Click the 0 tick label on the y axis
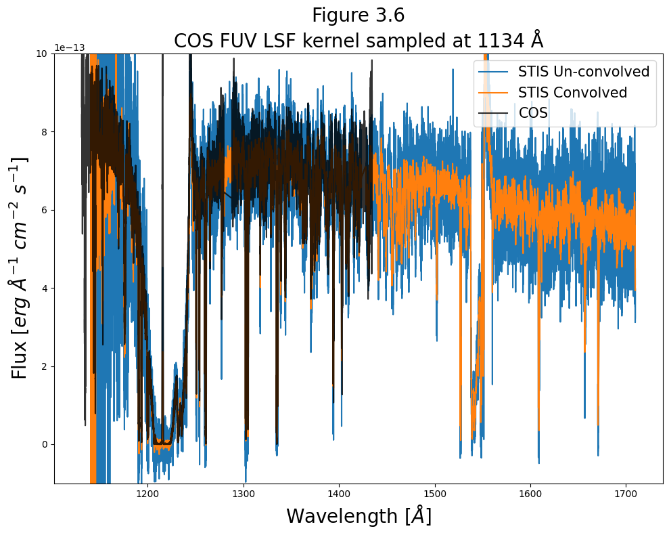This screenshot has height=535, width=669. point(45,445)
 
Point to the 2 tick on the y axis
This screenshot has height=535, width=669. point(45,366)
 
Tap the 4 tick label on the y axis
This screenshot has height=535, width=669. point(45,288)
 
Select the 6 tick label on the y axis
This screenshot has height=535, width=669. point(45,210)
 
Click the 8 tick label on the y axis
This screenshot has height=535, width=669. point(45,131)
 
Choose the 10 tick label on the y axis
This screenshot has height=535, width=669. point(42,53)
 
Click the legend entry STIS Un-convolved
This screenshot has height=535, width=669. point(583,71)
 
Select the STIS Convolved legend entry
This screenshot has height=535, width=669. point(572,92)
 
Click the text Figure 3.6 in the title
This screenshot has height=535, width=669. point(358,15)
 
